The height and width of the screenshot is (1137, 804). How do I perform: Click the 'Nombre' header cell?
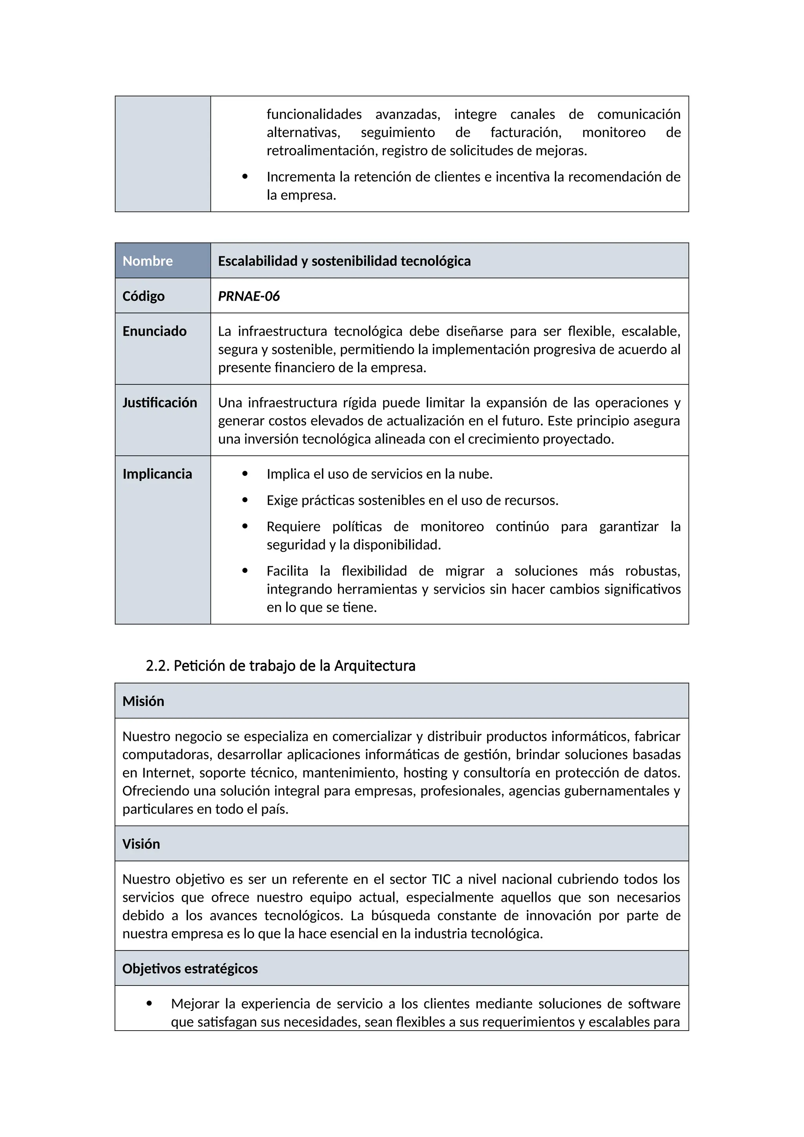(x=148, y=261)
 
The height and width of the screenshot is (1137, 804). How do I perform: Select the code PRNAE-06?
(x=249, y=296)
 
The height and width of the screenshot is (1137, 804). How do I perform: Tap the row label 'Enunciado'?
(x=154, y=331)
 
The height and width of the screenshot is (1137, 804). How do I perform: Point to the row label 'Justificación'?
(x=159, y=402)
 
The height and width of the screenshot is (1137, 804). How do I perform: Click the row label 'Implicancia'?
(x=157, y=474)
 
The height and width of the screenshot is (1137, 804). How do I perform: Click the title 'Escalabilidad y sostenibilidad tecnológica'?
(x=344, y=261)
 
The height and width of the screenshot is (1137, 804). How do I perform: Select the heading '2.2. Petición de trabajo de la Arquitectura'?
(x=280, y=665)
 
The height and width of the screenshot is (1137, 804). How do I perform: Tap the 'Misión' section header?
(x=143, y=701)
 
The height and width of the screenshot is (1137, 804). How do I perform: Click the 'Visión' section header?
(x=141, y=844)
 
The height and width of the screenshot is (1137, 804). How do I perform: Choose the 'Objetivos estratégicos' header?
(x=190, y=969)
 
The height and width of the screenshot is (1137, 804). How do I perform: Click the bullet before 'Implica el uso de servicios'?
(x=245, y=474)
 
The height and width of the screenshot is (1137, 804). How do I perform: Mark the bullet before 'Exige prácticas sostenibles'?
(x=245, y=500)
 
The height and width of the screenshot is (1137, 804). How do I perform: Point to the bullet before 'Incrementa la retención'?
(x=245, y=177)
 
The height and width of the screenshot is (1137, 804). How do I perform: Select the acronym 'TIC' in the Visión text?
(x=441, y=879)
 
